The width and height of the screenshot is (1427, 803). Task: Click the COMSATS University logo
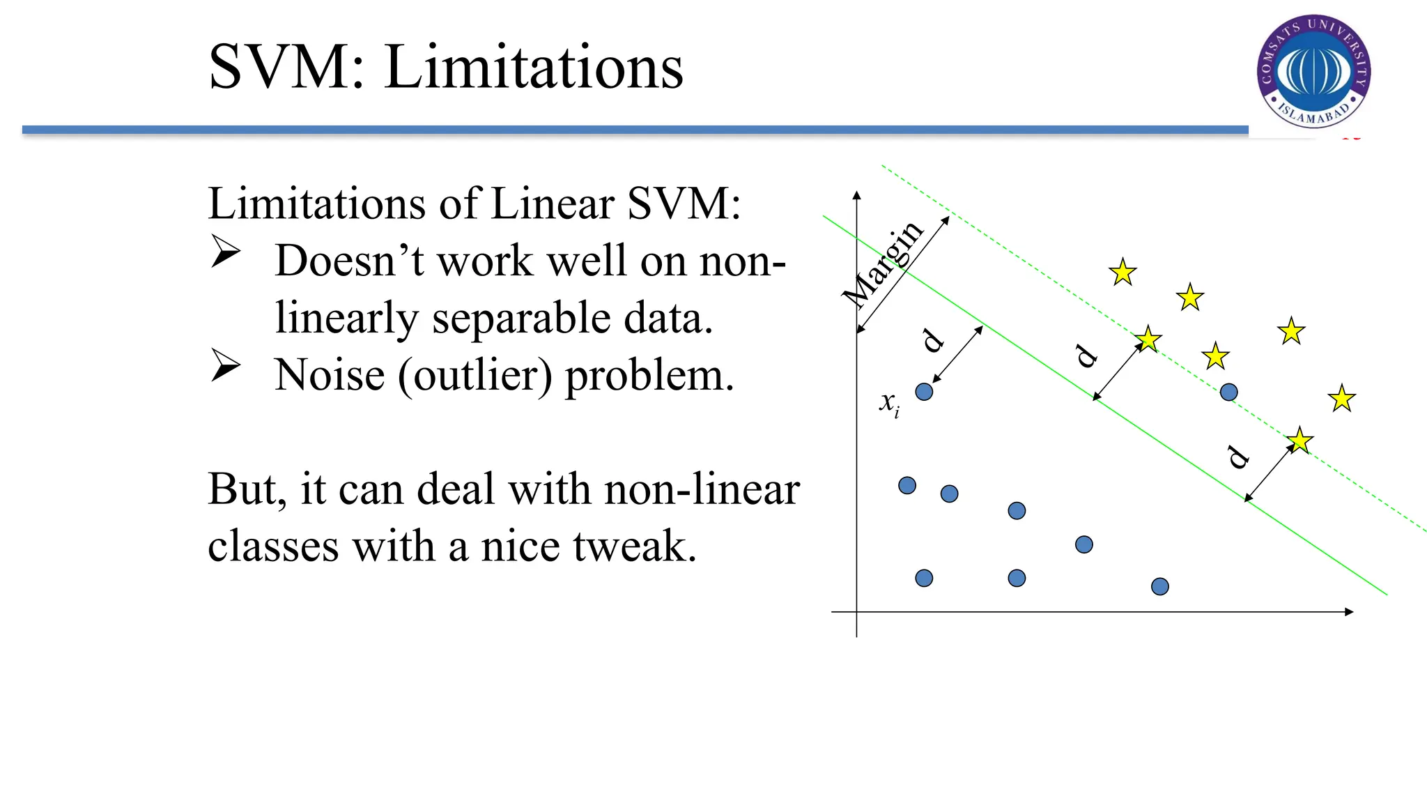coord(1313,71)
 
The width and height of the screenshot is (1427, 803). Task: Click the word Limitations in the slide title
coord(533,67)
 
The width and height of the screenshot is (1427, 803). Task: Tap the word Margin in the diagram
coord(883,264)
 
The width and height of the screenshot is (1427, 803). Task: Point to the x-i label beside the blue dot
coord(889,404)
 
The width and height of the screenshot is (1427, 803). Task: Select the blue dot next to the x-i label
coord(924,392)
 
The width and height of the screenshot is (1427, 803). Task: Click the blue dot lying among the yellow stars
coord(1228,392)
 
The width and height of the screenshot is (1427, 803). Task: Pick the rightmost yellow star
coord(1341,399)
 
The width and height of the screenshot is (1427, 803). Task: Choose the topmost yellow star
coord(1123,273)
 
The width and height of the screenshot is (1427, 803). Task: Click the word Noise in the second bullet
coord(329,375)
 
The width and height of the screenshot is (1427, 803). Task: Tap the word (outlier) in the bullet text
coord(475,375)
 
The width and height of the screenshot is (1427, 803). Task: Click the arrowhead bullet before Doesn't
coord(225,251)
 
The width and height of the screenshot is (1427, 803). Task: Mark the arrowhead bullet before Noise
coord(225,365)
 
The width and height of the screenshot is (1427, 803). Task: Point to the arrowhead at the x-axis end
coord(1349,612)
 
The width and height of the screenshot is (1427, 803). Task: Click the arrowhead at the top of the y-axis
coord(857,196)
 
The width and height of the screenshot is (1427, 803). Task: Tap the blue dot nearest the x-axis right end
coord(1159,587)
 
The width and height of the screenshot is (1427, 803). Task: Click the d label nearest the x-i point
coord(932,340)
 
